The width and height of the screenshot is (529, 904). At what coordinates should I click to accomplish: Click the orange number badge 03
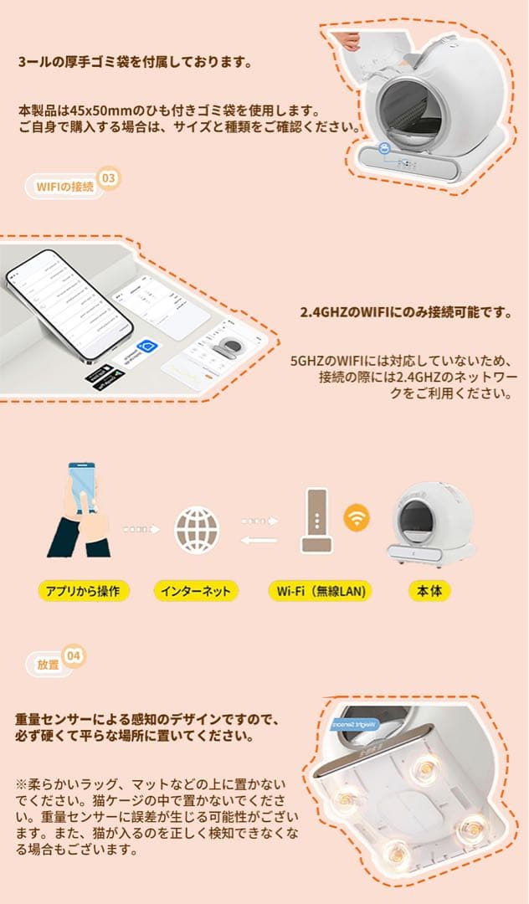tap(109, 178)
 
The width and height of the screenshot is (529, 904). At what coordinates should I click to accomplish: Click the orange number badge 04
tap(74, 658)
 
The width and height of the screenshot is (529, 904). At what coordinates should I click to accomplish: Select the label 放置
tap(48, 665)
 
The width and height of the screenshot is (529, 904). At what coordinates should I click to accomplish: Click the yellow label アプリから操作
tap(84, 591)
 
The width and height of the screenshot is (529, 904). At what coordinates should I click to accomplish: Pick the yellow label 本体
tap(429, 591)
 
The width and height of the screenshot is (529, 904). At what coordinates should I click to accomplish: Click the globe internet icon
tap(197, 529)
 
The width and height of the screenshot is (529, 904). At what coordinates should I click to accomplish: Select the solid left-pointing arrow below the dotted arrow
tap(259, 540)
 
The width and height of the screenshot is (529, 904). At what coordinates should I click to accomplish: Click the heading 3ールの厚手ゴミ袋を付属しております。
tap(135, 62)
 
